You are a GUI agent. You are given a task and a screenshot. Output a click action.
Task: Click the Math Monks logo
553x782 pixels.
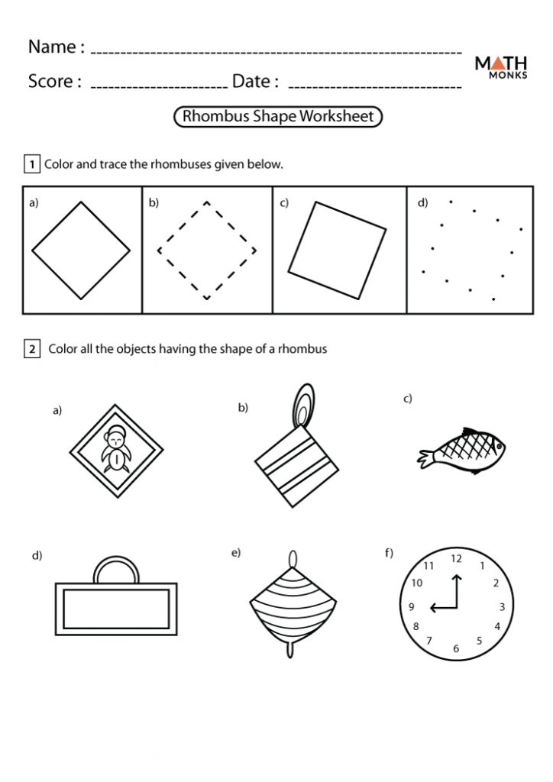(500, 69)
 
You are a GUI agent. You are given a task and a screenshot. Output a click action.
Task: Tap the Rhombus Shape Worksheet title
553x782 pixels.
(278, 116)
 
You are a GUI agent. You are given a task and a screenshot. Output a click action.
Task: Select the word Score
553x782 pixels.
(54, 81)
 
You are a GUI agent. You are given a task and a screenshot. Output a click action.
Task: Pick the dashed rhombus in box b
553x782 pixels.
(206, 250)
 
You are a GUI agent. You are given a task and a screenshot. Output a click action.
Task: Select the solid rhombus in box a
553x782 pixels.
(81, 250)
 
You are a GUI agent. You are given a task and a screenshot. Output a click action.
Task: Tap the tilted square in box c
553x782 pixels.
(337, 250)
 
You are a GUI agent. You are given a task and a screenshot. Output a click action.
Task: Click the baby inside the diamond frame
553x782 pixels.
(115, 451)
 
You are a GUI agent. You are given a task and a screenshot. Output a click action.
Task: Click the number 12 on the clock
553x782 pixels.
(456, 558)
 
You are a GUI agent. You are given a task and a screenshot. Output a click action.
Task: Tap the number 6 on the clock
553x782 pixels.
(456, 649)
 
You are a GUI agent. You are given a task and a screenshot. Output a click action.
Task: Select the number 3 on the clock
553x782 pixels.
(502, 607)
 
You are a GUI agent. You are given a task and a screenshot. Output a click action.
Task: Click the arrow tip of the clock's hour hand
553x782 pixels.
(432, 608)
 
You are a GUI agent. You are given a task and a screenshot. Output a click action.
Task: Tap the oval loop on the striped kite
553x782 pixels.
(303, 405)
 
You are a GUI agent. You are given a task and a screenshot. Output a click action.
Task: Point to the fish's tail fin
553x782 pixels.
(424, 457)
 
